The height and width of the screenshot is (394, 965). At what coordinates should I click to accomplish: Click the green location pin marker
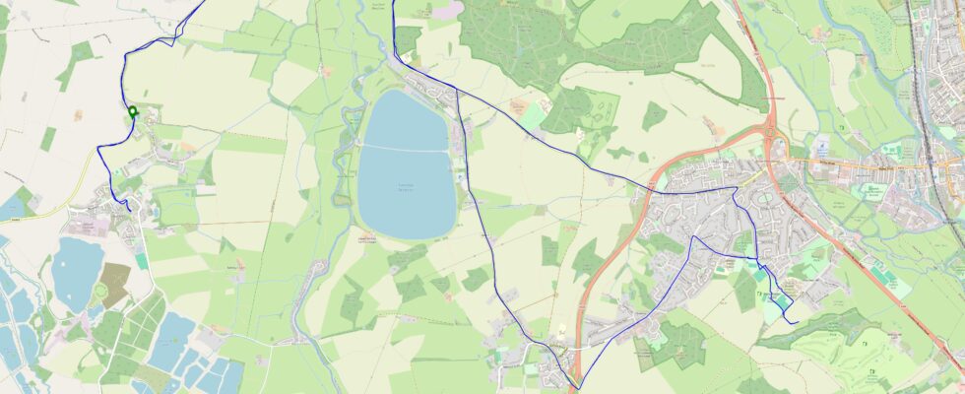(132, 112)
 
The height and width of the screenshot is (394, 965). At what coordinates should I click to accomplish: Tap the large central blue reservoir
(406, 177)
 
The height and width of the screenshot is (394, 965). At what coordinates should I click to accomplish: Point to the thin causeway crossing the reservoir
(406, 148)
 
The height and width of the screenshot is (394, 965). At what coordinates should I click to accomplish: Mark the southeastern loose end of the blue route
(796, 322)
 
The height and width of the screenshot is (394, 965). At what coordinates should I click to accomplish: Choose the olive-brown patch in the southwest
(113, 284)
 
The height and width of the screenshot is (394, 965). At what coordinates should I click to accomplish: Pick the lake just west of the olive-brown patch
(76, 271)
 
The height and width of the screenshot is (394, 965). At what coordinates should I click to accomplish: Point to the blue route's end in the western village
(129, 209)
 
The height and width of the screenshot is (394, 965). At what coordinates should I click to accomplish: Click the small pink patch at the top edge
(448, 9)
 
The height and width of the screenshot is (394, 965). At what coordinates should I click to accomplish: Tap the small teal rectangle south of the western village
(142, 261)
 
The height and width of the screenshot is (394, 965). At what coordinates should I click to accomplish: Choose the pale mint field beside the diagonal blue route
(532, 115)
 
